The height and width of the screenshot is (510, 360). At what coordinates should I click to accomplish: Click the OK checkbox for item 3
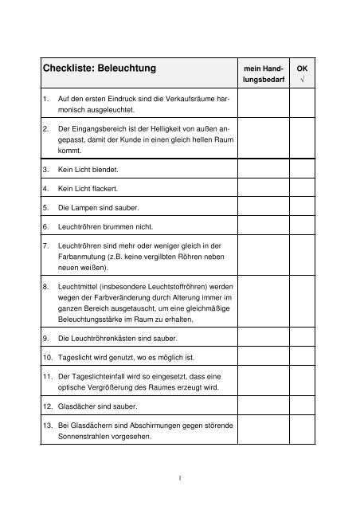click(x=301, y=170)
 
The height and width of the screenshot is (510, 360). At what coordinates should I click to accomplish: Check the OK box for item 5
click(x=301, y=209)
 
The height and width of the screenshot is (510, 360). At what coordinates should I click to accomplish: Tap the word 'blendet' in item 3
click(x=105, y=170)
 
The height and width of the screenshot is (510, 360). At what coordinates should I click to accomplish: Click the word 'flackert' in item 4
click(x=106, y=190)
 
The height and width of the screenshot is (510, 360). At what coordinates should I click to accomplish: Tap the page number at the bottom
click(x=182, y=478)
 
